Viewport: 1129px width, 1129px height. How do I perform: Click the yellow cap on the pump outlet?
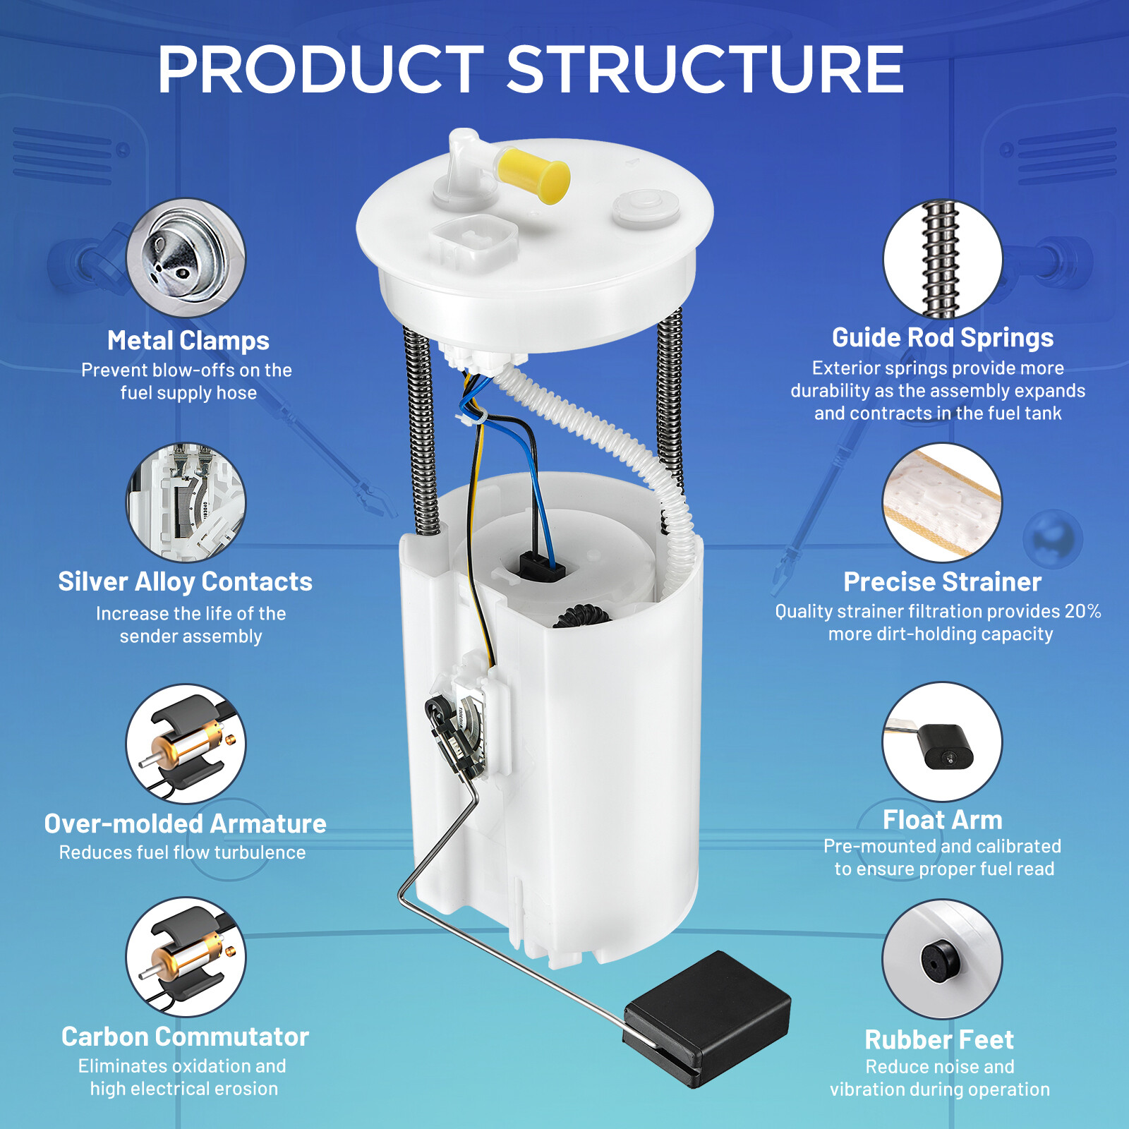point(533,174)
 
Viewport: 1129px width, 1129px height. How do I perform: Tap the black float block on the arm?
point(706,1018)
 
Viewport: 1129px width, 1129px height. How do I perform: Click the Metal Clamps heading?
point(188,341)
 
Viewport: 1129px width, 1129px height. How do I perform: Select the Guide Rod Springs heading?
point(943,338)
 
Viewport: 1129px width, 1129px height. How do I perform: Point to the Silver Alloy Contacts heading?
point(185,582)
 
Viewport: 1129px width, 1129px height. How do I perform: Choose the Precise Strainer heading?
point(942,582)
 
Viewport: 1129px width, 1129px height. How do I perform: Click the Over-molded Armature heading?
point(185,823)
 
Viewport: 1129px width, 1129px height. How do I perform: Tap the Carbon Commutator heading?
point(185,1037)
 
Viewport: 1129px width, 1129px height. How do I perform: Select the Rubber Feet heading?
point(939,1039)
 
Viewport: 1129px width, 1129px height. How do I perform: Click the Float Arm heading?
point(942,820)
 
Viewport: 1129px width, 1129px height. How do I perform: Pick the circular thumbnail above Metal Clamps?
point(186,258)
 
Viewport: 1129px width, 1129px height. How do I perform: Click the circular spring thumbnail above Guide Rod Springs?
point(943,259)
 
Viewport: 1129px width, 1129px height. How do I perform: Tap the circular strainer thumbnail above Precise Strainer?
point(943,502)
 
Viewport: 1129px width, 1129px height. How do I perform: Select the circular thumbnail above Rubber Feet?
point(943,959)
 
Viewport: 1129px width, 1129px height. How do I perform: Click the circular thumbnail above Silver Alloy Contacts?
point(186,502)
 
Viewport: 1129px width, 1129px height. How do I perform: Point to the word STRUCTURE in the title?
point(705,69)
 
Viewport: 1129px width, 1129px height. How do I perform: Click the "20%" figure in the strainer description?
point(1083,611)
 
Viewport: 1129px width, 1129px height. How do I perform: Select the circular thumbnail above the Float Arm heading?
point(943,742)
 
